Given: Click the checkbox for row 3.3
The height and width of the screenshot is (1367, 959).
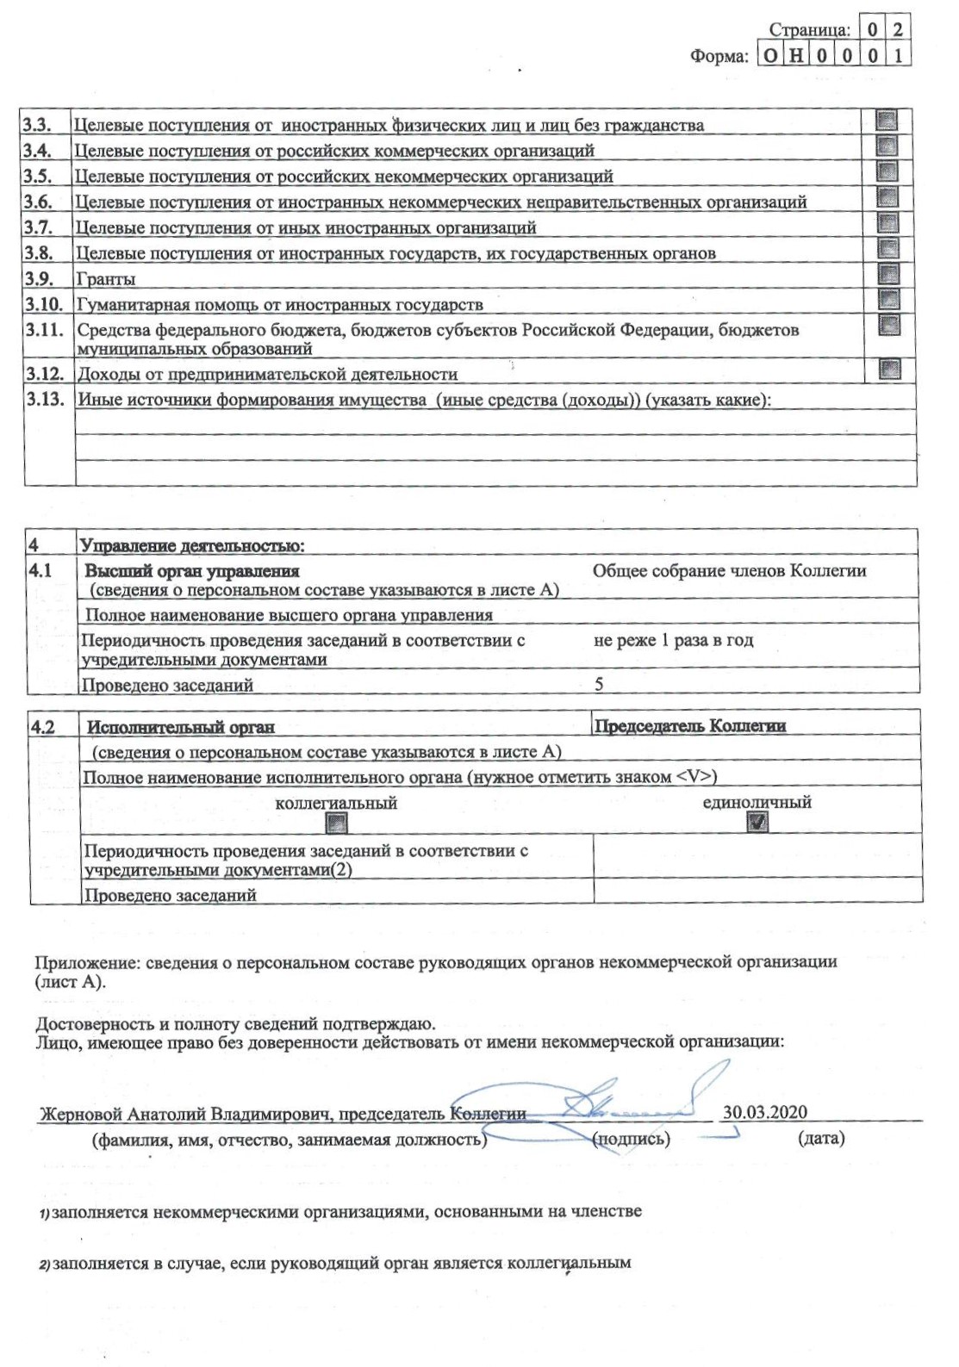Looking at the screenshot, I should point(887,120).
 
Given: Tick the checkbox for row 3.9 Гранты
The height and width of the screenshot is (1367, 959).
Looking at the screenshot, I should point(887,275).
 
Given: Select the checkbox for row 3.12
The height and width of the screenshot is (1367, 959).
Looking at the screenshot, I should point(889,370).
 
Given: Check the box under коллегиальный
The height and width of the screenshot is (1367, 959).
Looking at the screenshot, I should point(336,823).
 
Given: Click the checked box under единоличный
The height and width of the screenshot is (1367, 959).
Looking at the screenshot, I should point(757,823).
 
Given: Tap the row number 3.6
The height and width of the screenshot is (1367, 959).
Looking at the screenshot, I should point(38,202).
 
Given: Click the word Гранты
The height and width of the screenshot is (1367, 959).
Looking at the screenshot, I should point(106,279).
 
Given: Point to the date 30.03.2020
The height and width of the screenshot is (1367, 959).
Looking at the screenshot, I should point(764,1112).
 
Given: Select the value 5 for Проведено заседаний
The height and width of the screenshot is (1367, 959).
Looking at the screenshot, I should point(599,684).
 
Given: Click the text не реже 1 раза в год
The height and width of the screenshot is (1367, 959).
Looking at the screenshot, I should point(673,640).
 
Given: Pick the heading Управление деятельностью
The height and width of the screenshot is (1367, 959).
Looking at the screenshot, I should point(192,545).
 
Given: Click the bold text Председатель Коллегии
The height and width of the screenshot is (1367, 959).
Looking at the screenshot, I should point(690,726).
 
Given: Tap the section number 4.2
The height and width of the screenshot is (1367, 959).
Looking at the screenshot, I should point(43,727).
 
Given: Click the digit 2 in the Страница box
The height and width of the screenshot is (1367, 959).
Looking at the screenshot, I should point(898,29).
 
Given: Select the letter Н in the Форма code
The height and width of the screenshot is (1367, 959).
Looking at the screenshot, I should point(796,56).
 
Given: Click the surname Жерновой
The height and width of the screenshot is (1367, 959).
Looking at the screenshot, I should point(81,1114).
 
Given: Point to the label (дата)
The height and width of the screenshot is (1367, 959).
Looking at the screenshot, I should point(821,1139).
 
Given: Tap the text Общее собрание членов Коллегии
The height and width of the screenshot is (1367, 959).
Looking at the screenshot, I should point(729,570).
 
